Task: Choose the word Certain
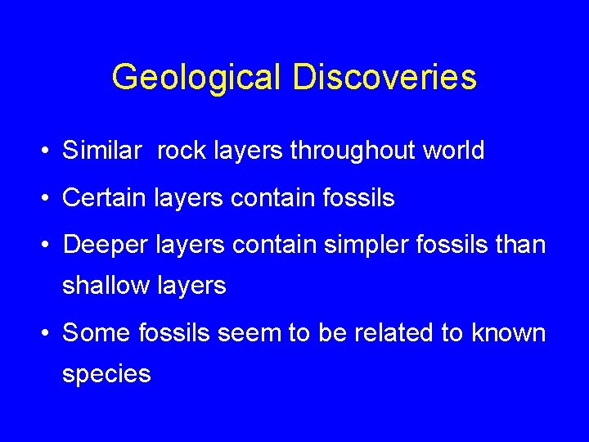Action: coord(107,198)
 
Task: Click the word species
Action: coord(107,375)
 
